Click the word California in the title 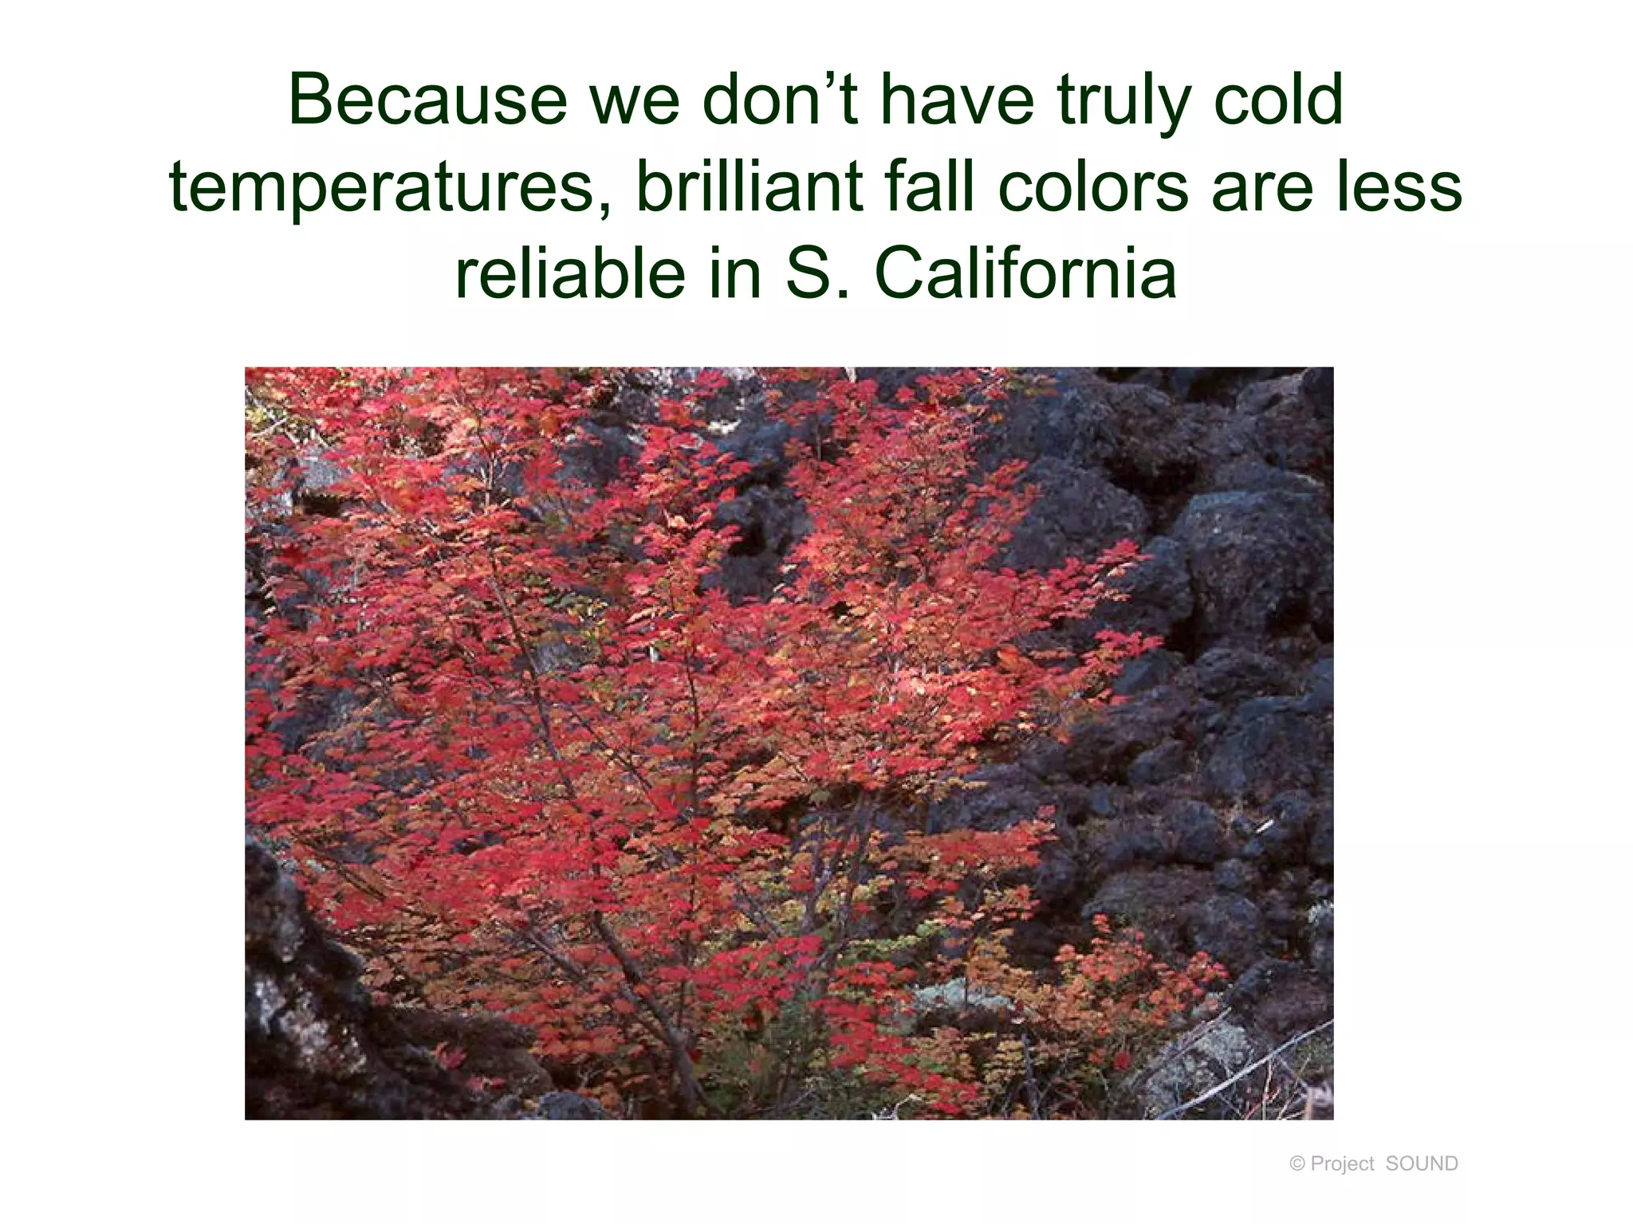(x=1025, y=273)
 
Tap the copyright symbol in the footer (x=1297, y=1164)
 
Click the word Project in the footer (x=1343, y=1164)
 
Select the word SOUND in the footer (x=1422, y=1164)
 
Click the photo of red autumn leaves (x=789, y=743)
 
